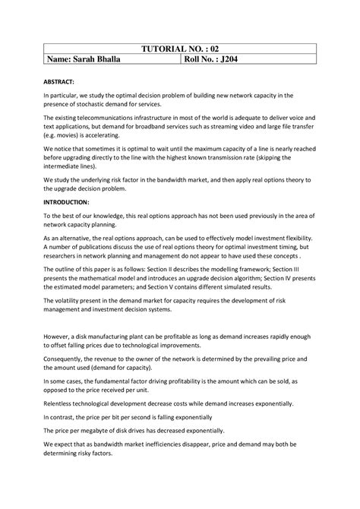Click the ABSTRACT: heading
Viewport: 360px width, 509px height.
(x=63, y=82)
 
